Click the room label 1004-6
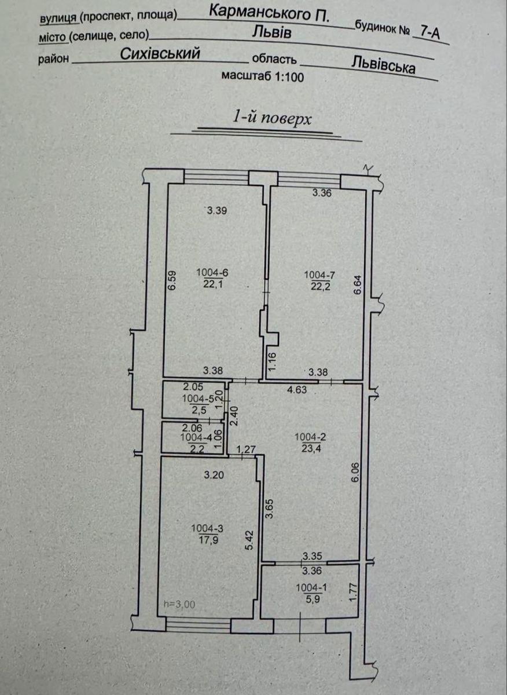[x=212, y=273]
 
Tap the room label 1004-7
[x=320, y=275]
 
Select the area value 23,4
[x=310, y=448]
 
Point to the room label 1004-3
[x=207, y=528]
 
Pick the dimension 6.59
[x=172, y=281]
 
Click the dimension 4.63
[x=297, y=389]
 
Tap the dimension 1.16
[x=271, y=361]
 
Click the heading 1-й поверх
[x=271, y=119]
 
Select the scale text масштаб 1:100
[x=263, y=76]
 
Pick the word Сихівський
[x=160, y=54]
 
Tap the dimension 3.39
[x=217, y=211]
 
